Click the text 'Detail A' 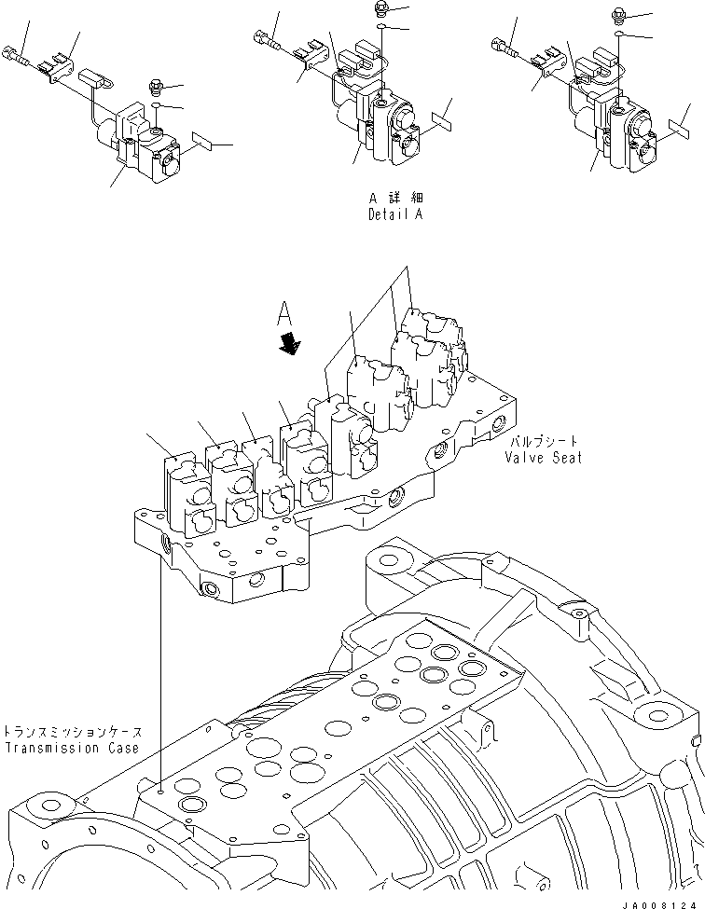coord(395,214)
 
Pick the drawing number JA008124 coord(664,901)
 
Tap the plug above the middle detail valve coord(381,9)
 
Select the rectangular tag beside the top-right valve coord(682,126)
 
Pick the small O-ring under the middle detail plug coord(382,29)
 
